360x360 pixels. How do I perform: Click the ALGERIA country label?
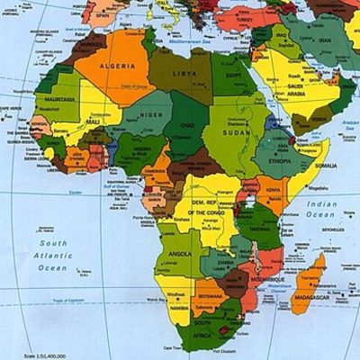pos(117,66)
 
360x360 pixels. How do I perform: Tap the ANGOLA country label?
pos(180,254)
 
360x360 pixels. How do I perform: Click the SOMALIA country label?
pos(325,166)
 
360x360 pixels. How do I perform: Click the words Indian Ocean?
pos(320,209)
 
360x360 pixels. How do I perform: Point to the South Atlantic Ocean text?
pos(52,255)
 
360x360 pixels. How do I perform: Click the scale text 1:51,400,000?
pos(45,356)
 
